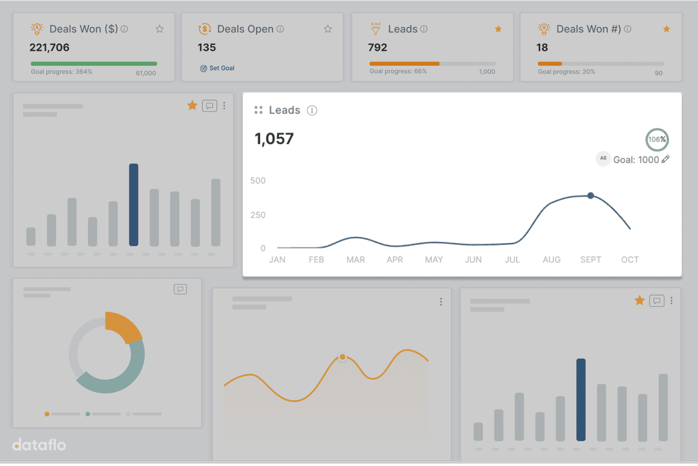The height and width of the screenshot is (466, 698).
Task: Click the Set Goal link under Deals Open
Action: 217,68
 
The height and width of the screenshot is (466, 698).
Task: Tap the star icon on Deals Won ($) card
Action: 160,29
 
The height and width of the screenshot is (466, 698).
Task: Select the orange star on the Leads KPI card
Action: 498,29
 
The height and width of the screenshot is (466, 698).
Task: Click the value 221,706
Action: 49,48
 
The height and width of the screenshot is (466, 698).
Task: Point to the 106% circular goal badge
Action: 657,139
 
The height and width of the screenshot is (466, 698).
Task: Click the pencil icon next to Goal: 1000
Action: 665,160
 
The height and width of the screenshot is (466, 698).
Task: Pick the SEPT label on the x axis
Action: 591,260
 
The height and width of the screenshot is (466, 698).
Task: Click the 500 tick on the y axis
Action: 258,181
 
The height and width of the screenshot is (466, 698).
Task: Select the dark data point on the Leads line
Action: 591,196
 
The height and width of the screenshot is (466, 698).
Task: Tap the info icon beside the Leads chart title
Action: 312,110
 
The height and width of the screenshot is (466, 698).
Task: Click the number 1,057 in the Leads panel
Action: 274,139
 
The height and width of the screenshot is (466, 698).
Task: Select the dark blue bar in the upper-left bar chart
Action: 133,205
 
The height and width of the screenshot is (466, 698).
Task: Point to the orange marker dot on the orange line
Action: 343,357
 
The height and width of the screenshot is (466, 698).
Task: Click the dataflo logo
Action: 39,445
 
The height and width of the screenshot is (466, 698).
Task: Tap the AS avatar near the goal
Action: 603,158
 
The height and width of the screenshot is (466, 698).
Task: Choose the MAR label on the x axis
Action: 356,260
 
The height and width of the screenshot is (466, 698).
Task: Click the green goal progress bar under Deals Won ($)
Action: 94,64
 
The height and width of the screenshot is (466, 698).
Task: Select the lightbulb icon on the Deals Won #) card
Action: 544,29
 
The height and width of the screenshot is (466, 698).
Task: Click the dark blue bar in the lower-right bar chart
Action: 581,400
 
